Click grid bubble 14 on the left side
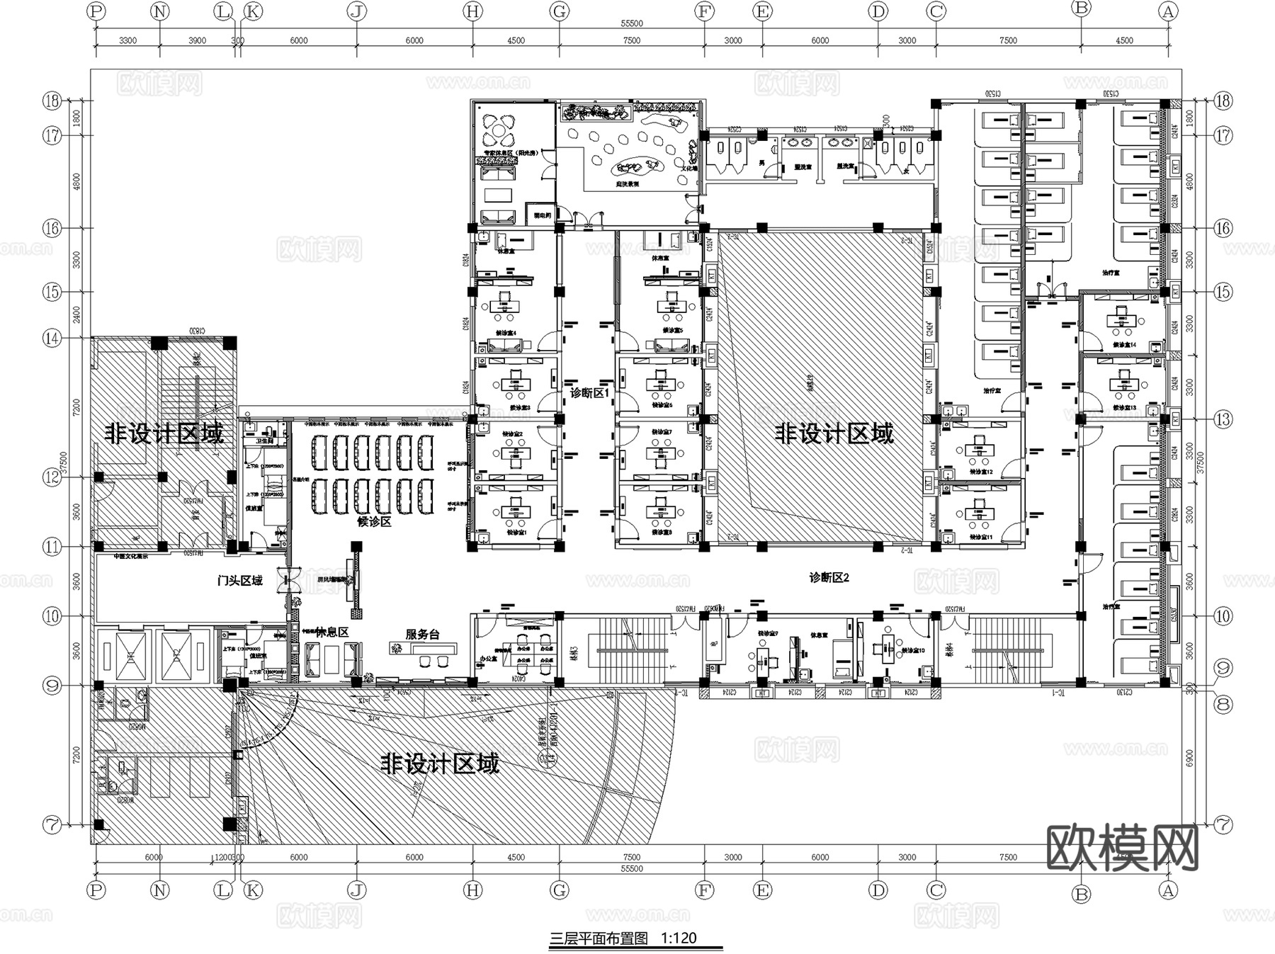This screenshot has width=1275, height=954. click(52, 338)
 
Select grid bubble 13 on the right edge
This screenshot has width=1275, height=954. click(1223, 419)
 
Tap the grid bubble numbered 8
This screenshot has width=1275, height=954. click(1223, 704)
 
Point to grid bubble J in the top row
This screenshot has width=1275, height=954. click(356, 11)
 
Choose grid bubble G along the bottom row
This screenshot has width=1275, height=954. click(560, 890)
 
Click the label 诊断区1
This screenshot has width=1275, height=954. click(589, 392)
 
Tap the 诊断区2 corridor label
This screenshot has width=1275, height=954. click(829, 578)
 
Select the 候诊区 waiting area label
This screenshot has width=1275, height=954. click(374, 522)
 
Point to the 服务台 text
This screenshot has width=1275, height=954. click(422, 635)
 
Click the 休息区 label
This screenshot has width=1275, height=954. click(331, 632)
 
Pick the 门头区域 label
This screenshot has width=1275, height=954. click(239, 581)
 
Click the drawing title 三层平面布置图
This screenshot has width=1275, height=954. click(599, 938)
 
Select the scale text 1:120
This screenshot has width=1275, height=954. click(679, 938)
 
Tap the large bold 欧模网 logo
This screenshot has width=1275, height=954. click(1123, 848)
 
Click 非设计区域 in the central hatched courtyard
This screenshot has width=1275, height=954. click(834, 433)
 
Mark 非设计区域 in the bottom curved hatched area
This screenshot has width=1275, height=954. click(440, 763)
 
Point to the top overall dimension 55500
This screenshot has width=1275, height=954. click(631, 23)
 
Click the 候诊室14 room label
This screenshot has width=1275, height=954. click(1124, 345)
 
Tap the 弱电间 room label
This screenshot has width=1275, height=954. click(543, 215)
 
